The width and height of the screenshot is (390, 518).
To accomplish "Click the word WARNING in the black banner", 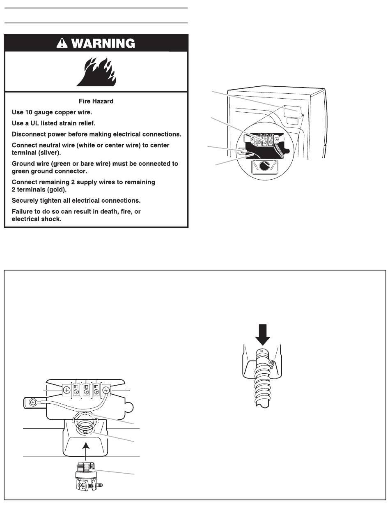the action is tap(104, 43).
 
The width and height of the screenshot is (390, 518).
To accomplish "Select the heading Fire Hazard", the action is tap(96, 101).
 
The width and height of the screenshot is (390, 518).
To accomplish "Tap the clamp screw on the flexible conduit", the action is tap(271, 362).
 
